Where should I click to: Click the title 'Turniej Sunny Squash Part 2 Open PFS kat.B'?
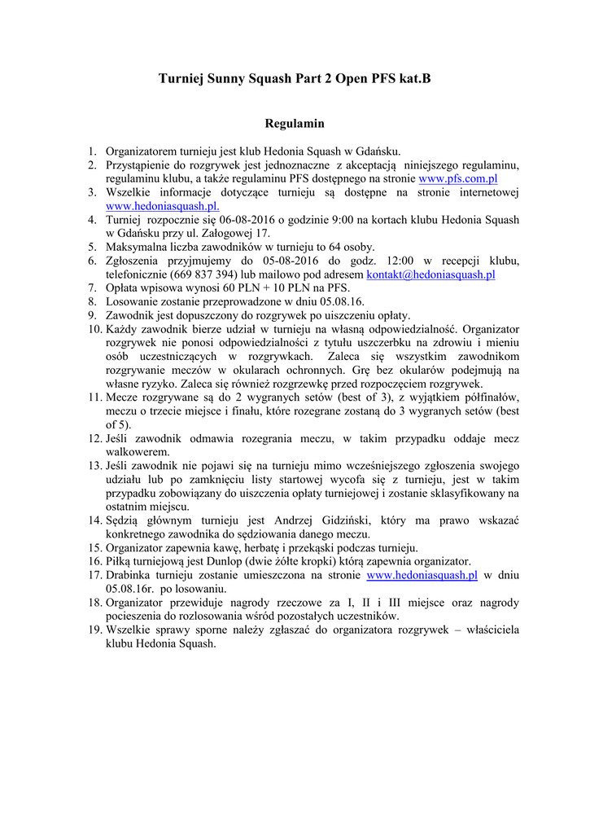click(295, 79)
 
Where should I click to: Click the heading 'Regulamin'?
click(295, 124)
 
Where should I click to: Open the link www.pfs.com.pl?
click(457, 178)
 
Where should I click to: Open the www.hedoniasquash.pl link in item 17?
click(422, 575)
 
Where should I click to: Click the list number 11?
click(94, 397)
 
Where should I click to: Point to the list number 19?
click(94, 630)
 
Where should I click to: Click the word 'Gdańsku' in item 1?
click(378, 151)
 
